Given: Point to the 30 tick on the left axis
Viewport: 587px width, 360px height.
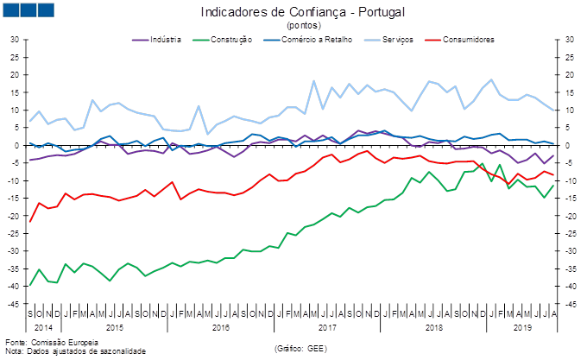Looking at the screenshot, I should point(16,40).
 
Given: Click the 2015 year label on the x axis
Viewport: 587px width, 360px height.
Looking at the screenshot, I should point(114,328).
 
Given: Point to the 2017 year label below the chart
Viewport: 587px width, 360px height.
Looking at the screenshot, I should point(327,328).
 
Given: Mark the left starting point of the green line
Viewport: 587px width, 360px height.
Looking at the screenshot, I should point(30,285).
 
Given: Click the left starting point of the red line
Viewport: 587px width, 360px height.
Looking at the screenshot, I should point(30,222).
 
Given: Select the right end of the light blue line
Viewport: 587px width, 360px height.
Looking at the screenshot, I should point(553,111).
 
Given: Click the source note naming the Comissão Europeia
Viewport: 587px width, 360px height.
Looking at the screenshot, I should point(35,344).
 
